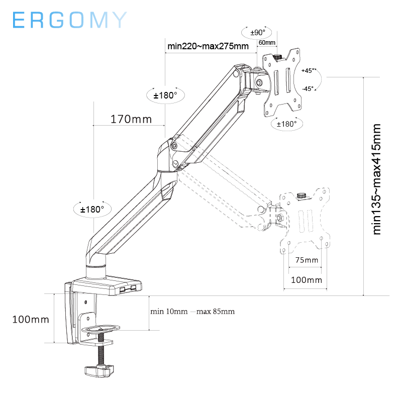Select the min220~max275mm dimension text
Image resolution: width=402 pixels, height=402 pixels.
208,47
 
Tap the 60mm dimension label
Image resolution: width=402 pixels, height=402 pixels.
266,43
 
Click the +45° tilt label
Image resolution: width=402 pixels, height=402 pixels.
308,71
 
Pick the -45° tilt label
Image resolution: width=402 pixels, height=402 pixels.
308,88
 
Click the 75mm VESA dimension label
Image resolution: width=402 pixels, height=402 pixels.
307,260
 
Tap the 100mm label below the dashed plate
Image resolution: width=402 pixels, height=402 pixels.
307,280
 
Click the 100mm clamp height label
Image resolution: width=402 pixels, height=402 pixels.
31,319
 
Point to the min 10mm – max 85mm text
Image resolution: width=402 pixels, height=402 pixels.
192,312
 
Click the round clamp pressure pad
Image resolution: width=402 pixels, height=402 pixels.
100,329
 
